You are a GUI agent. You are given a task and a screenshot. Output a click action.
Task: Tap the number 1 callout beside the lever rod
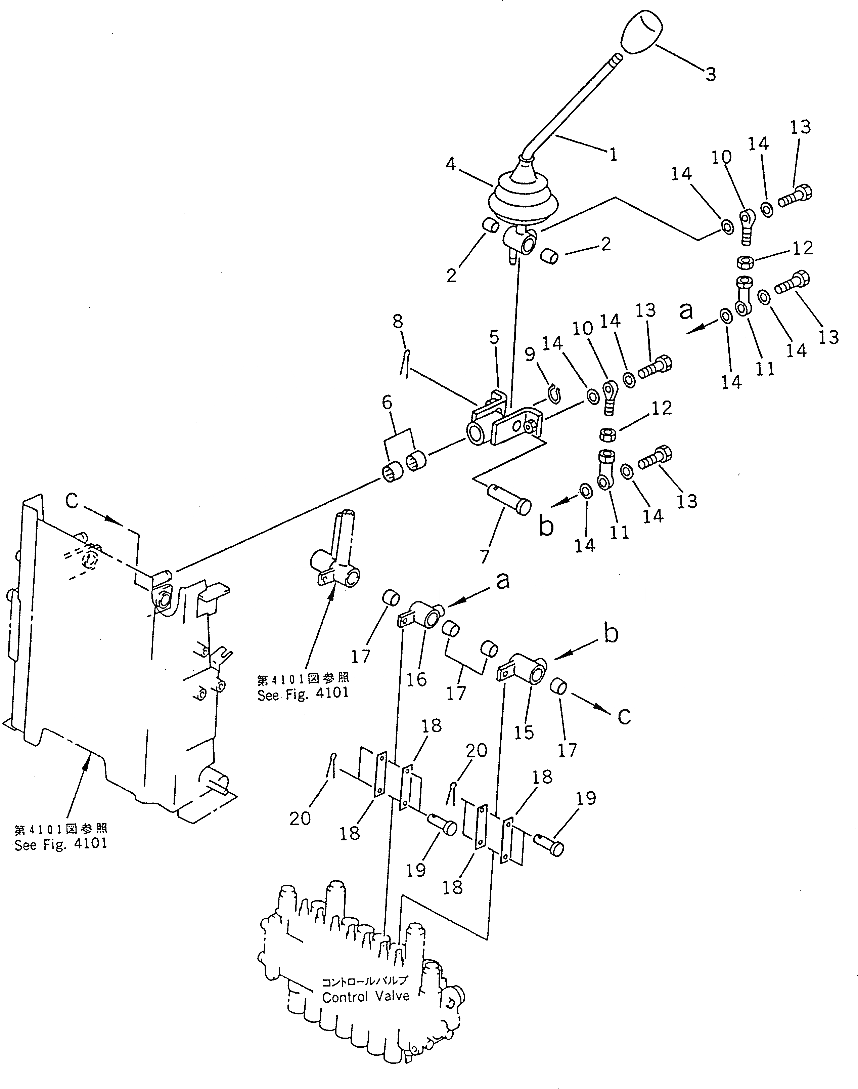(613, 154)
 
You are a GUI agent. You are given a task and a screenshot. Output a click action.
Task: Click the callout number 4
(451, 164)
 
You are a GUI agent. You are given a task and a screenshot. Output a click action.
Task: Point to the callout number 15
(524, 732)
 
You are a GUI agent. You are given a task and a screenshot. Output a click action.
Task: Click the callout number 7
(484, 557)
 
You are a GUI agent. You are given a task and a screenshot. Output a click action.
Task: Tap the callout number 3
(710, 74)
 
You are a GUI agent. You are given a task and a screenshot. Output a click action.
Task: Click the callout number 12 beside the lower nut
(662, 408)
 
